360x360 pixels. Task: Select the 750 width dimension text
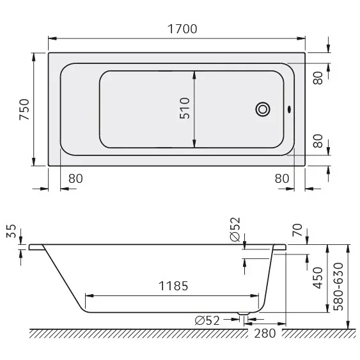(x=24, y=109)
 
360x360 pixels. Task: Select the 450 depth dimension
(x=317, y=279)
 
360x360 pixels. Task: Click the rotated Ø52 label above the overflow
(x=235, y=228)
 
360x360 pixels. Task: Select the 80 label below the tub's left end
(x=75, y=178)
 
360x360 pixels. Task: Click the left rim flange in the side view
(x=36, y=246)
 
